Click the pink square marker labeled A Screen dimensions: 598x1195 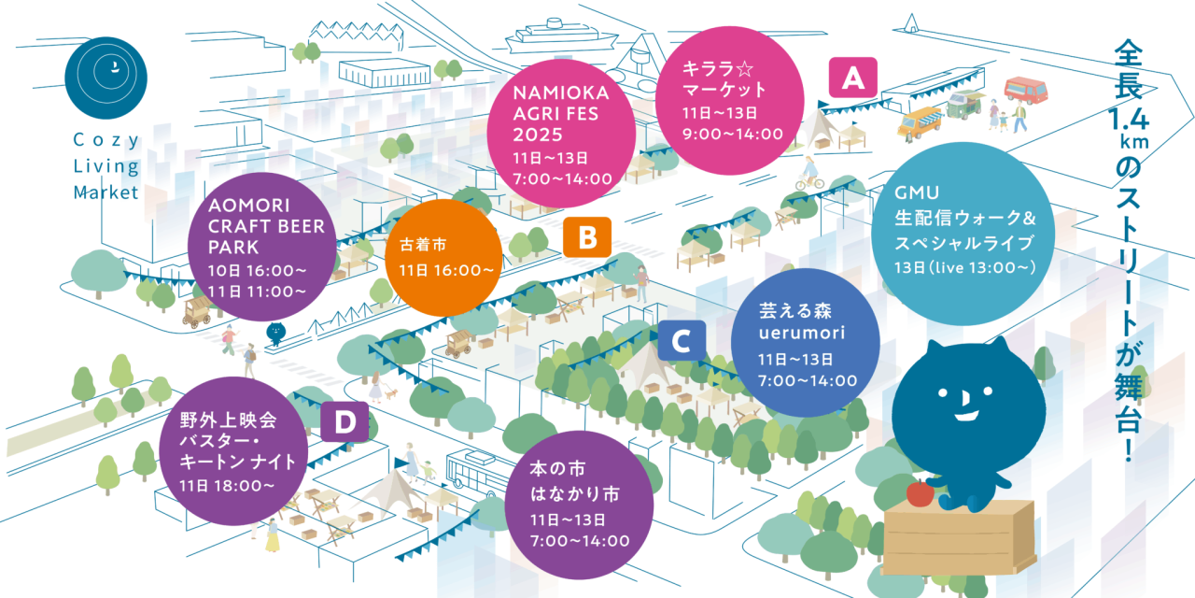[x=851, y=79]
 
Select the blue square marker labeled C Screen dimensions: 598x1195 [x=681, y=341]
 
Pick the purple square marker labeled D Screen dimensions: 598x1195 [x=344, y=422]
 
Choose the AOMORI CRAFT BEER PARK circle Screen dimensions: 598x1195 [x=262, y=244]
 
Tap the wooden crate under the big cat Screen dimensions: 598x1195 [x=958, y=539]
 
